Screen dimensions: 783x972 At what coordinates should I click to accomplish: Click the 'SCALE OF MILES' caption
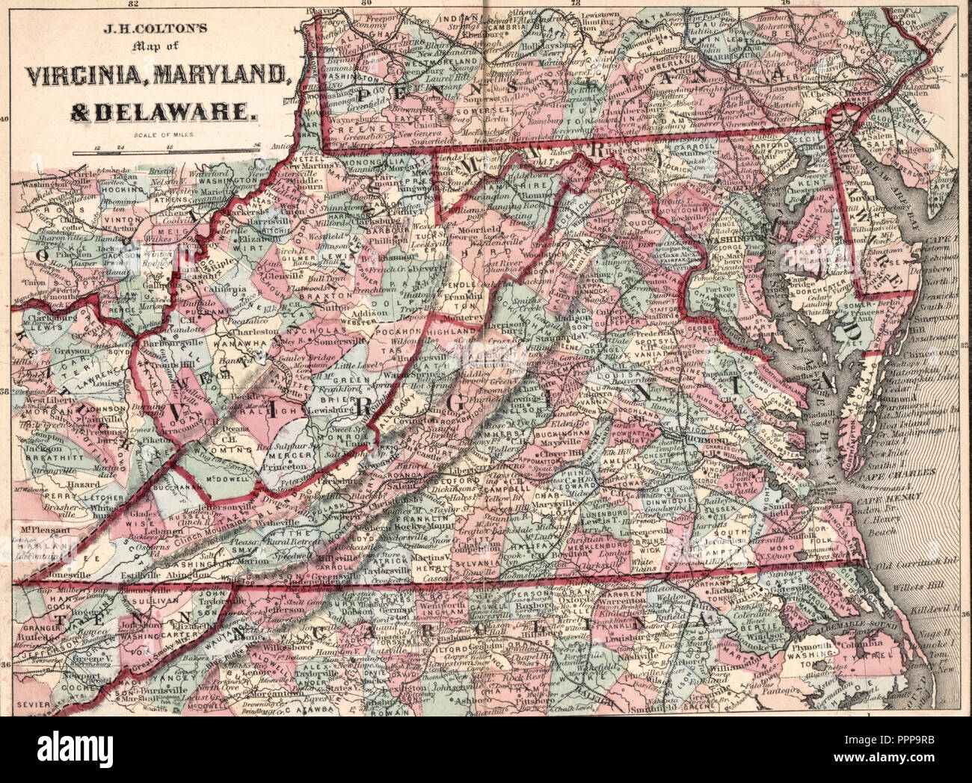coord(163,135)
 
